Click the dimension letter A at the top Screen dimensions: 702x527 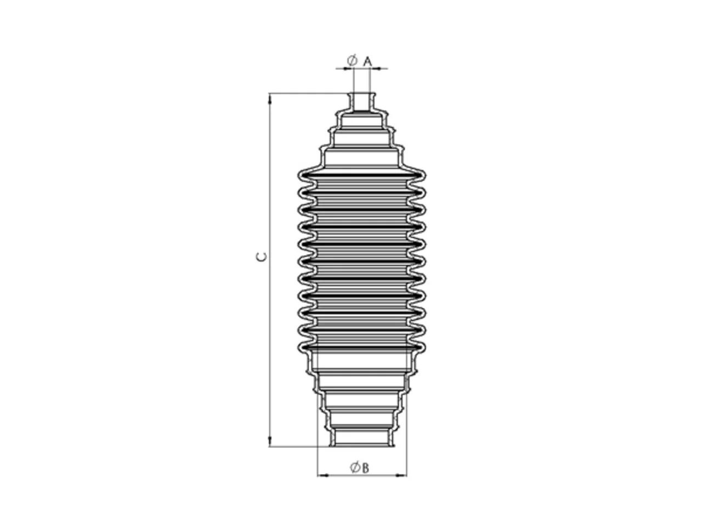(367, 61)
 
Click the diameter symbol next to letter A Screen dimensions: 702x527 (352, 60)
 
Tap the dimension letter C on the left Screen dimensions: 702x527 (261, 256)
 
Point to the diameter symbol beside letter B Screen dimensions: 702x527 (355, 468)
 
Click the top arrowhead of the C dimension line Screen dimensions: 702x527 (270, 99)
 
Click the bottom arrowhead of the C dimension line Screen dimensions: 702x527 (270, 441)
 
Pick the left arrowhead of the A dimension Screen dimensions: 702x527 (349, 69)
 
